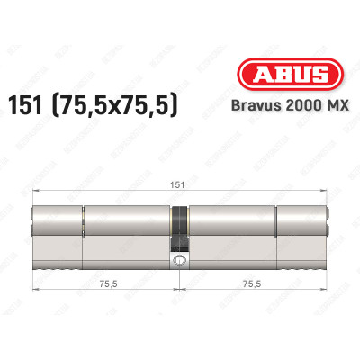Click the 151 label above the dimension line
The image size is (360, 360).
(x=181, y=184)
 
